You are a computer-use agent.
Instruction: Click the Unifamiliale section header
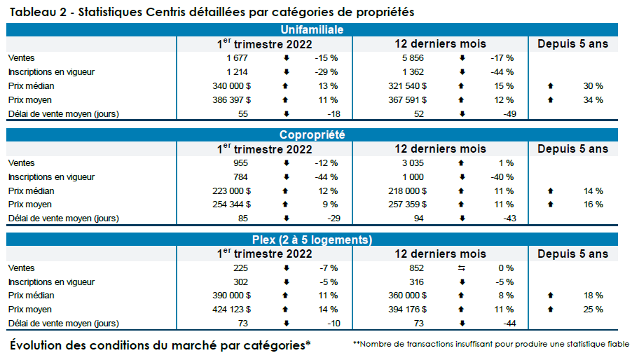coord(312,29)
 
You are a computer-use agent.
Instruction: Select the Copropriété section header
coord(312,134)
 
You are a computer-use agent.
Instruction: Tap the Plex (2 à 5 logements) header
coord(312,240)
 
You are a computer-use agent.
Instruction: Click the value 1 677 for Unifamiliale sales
coord(237,58)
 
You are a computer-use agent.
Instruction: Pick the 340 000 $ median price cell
coord(231,86)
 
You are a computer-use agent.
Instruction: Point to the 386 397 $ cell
coord(231,100)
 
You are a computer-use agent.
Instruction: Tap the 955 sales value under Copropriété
coord(241,163)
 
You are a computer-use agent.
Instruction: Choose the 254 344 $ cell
coord(231,205)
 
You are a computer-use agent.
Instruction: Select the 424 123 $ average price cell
coord(231,309)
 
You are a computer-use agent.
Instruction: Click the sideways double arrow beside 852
coord(462,268)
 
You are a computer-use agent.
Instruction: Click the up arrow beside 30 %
coord(551,86)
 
